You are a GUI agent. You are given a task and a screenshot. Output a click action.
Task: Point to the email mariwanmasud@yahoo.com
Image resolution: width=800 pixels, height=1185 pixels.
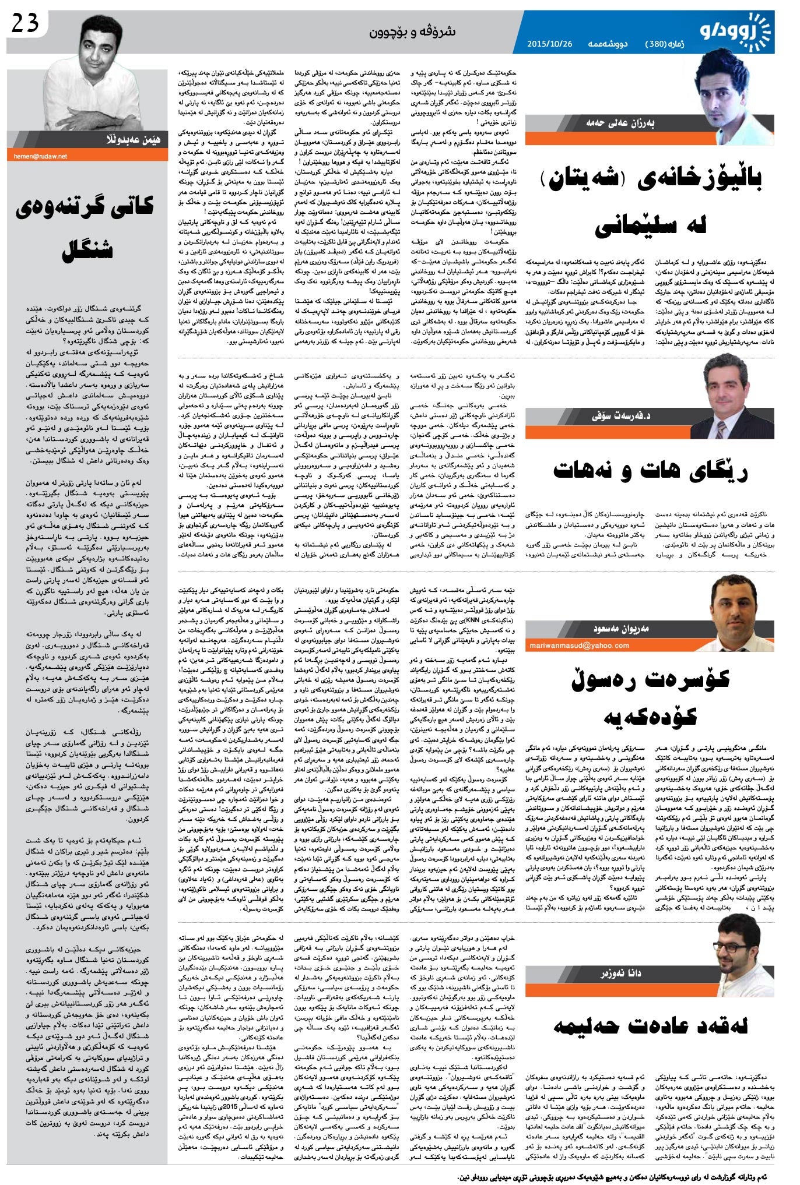coord(580,645)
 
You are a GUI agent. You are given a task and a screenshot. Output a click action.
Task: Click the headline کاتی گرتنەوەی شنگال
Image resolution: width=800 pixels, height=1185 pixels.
coord(87,227)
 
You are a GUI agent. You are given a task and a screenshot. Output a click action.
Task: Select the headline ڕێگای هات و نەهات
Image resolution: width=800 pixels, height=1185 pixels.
coord(651,471)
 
